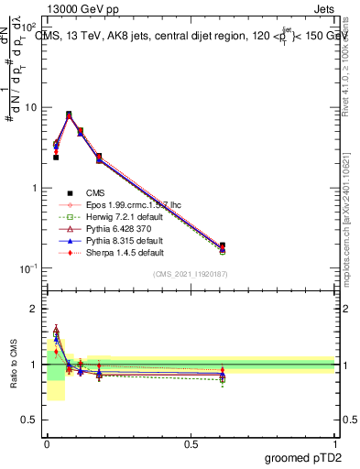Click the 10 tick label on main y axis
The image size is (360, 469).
coord(29,107)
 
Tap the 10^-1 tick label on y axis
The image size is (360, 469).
coord(27,268)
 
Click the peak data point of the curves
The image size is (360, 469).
coord(69,115)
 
